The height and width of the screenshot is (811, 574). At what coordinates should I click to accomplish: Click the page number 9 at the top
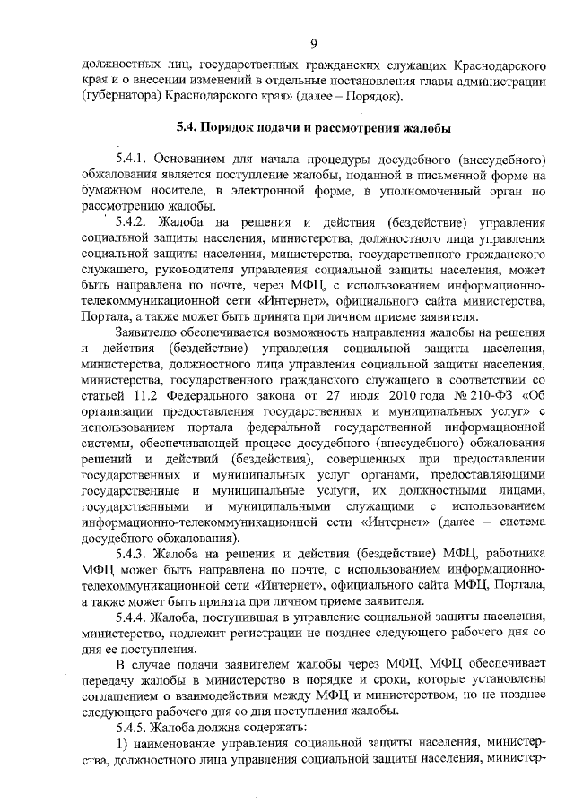pyautogui.click(x=314, y=43)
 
